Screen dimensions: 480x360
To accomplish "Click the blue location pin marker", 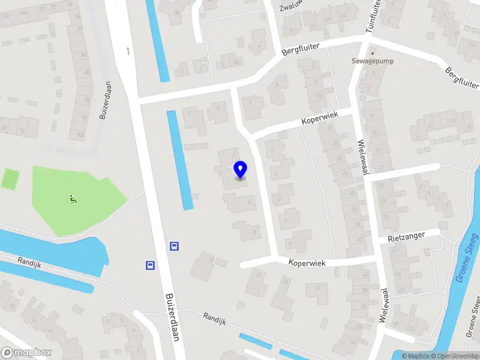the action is coord(240,169).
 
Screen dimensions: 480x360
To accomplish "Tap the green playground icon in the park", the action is coord(73,199).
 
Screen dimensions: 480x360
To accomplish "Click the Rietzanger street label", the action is coord(406,237).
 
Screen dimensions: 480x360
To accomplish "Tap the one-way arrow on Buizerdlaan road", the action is coord(128,50).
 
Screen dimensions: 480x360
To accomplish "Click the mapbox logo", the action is coord(26,353).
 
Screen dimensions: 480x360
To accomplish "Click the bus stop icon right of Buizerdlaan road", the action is coord(174,245).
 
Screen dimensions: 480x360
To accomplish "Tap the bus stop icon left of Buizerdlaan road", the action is coord(149,265).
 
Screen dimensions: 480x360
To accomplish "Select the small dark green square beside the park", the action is coord(10,178).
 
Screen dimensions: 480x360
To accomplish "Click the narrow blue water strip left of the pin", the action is coord(180,160).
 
